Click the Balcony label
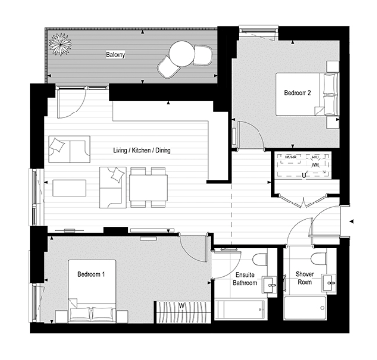pos(115,56)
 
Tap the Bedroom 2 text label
pos(297,93)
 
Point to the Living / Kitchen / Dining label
pos(142,151)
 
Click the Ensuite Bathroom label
pos(244,281)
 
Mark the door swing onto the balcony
pos(71,101)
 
